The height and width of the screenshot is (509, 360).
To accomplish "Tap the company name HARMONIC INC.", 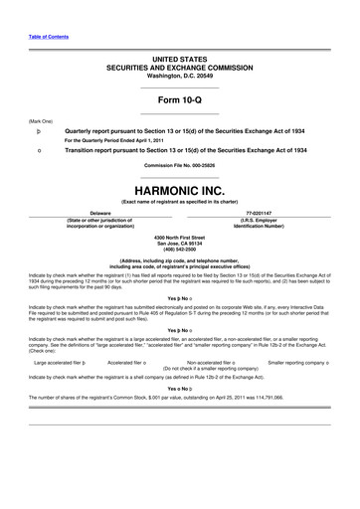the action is coord(179,187).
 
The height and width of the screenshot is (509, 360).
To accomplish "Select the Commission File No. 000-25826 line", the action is coord(179,164).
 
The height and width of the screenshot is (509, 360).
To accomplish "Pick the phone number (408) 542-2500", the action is coord(179,249).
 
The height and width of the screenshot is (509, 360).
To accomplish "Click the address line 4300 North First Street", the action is coord(179,237).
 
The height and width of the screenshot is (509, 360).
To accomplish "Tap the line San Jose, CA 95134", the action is coord(179,243).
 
